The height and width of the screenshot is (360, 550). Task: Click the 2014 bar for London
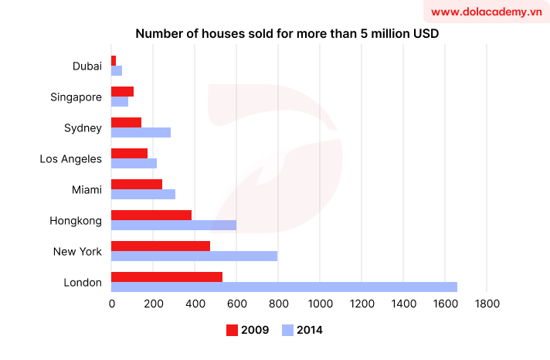(x=284, y=287)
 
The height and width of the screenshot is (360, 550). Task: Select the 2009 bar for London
(x=167, y=277)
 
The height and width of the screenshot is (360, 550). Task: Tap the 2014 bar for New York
(x=194, y=256)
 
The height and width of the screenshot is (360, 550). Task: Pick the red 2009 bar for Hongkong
(x=151, y=215)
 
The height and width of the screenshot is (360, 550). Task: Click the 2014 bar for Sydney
(x=141, y=132)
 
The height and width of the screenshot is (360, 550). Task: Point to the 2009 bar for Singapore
(x=122, y=91)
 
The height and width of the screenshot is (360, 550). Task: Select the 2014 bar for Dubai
(x=117, y=71)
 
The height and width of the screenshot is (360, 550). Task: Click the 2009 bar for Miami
(x=137, y=184)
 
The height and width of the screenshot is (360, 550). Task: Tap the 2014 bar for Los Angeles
(x=134, y=164)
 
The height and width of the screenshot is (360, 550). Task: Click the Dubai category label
(x=87, y=66)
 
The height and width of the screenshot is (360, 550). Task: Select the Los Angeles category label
(x=71, y=159)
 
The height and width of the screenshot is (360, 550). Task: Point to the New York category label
(x=77, y=252)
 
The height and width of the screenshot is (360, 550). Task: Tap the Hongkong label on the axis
(x=76, y=221)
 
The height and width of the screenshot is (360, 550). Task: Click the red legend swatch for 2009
(x=232, y=331)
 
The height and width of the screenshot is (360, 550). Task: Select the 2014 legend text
(x=309, y=331)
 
